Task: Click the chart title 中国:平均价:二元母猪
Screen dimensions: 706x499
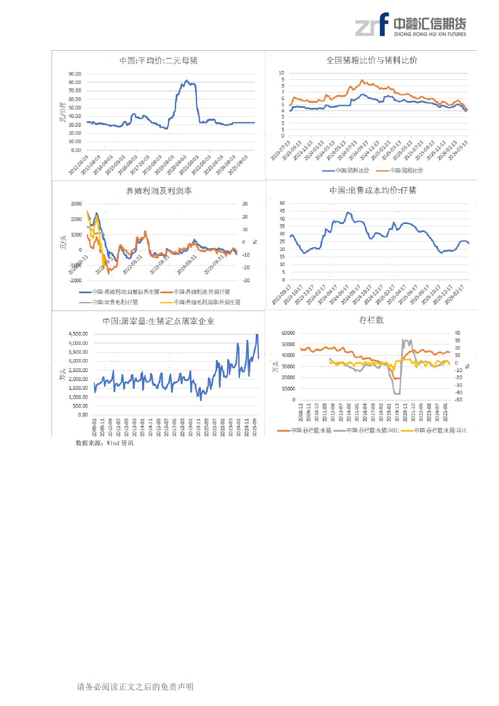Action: pos(158,60)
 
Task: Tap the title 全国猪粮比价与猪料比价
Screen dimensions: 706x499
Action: pos(372,60)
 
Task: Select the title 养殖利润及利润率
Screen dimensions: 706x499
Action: pos(159,191)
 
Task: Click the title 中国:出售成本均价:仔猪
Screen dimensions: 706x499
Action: pos(372,190)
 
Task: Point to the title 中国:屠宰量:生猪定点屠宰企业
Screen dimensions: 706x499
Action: pos(159,321)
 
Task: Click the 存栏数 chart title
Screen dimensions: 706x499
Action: pos(372,320)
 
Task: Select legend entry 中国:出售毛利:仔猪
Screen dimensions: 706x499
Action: pos(114,302)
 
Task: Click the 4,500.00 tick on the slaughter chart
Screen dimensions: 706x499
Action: pos(78,334)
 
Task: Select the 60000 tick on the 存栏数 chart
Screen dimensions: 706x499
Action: pos(288,333)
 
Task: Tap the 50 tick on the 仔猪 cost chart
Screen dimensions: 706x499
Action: pos(282,203)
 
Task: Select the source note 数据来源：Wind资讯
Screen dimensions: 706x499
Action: pos(104,443)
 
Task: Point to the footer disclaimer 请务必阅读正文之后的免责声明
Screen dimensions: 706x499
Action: pos(135,687)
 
